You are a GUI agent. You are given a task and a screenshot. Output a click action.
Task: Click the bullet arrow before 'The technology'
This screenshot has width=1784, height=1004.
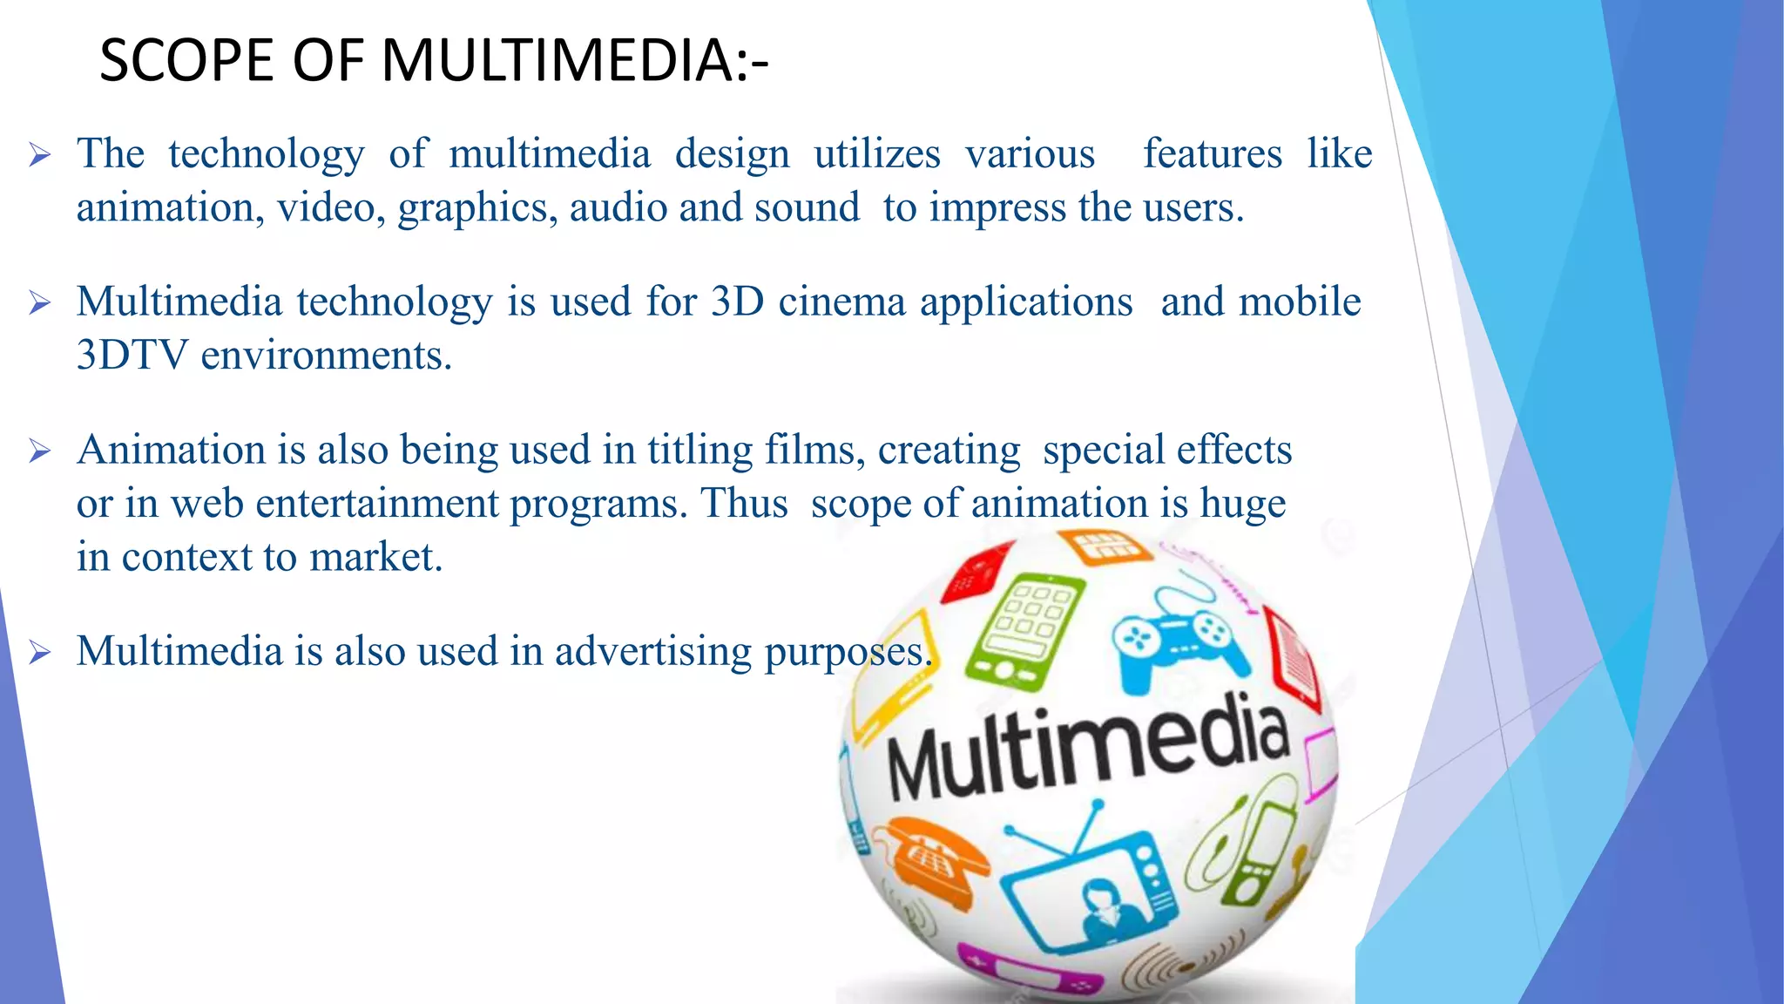pyautogui.click(x=40, y=156)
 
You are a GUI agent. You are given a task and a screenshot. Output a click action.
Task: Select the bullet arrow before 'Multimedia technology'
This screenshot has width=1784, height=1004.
pyautogui.click(x=40, y=303)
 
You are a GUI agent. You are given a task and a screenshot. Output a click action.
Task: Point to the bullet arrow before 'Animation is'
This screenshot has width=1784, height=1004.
pyautogui.click(x=40, y=451)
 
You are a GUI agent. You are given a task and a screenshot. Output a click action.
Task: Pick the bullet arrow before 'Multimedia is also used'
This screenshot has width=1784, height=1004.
pyautogui.click(x=40, y=652)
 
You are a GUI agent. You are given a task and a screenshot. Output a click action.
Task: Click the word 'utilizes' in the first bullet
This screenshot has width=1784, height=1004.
pyautogui.click(x=876, y=154)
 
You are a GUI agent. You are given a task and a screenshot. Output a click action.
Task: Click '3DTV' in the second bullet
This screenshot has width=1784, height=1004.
pyautogui.click(x=132, y=356)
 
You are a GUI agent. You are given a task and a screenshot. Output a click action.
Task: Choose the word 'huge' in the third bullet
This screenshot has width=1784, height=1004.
pyautogui.click(x=1242, y=505)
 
